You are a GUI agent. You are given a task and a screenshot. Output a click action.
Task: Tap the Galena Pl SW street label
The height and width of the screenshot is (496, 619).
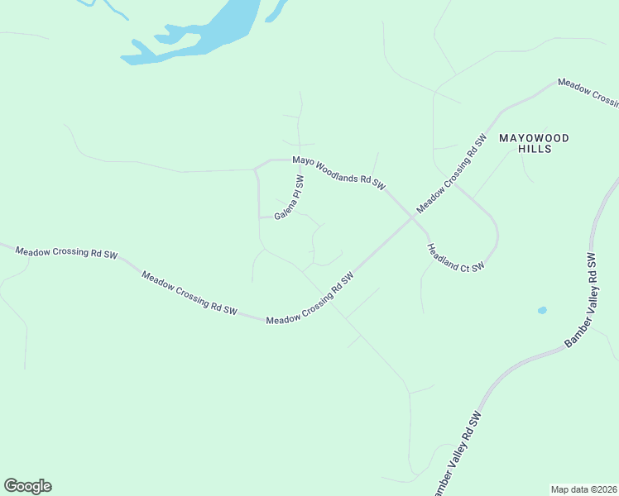290,198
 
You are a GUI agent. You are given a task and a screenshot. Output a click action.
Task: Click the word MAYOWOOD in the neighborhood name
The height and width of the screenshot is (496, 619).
534,138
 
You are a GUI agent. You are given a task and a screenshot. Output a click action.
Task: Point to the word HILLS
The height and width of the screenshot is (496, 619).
534,150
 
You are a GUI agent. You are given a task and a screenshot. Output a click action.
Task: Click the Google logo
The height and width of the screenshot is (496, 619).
27,486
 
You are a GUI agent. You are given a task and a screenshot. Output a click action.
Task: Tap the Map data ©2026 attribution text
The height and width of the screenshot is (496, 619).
584,489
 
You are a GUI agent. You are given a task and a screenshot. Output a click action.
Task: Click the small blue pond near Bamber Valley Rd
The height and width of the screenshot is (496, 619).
542,311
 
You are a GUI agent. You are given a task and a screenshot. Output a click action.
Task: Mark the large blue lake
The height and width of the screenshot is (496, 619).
207,33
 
